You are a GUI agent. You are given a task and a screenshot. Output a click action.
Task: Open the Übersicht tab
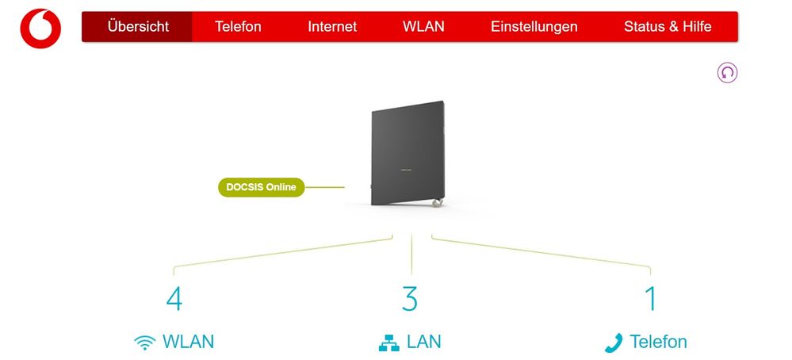[138, 26]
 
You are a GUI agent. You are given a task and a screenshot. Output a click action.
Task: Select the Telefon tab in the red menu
[238, 26]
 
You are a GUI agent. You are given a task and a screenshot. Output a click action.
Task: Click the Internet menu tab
[332, 26]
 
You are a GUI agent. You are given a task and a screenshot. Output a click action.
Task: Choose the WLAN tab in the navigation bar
[423, 26]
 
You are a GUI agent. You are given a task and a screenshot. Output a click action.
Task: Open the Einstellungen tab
[534, 26]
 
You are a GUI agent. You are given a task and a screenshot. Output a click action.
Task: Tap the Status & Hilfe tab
[668, 26]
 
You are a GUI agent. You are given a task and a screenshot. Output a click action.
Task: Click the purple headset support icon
[727, 73]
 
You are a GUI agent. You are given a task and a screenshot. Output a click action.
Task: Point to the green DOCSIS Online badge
[261, 187]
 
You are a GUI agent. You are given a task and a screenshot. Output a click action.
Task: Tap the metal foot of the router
[435, 205]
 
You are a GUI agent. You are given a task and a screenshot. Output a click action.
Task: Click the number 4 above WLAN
[174, 299]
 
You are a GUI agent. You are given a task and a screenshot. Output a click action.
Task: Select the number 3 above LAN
[409, 299]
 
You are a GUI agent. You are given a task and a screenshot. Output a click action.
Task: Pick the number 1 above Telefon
[650, 299]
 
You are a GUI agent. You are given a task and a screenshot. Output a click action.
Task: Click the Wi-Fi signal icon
[144, 343]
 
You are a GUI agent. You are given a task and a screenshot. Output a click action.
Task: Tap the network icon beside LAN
[388, 343]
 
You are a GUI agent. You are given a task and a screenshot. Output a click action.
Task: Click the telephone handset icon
[614, 343]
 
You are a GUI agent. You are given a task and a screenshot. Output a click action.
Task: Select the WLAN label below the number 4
[188, 342]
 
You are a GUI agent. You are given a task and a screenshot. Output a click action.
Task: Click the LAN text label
[424, 342]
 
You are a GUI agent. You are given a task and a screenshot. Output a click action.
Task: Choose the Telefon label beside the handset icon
[658, 342]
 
